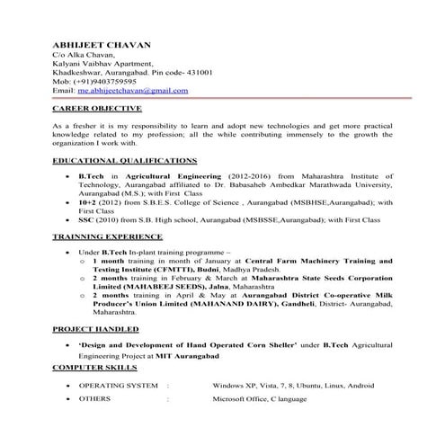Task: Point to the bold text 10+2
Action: [x=89, y=203]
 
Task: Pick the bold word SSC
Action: [x=87, y=220]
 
